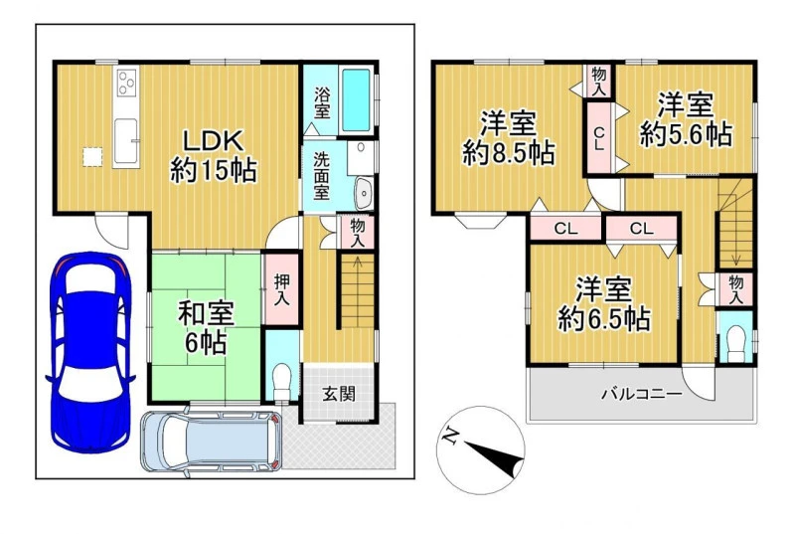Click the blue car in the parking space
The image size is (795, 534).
(90, 351)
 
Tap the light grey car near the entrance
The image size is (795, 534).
(212, 441)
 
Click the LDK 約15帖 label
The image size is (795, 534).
(214, 156)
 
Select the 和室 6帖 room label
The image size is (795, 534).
(206, 328)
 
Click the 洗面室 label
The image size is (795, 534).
(321, 175)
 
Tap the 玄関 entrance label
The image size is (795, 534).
(339, 394)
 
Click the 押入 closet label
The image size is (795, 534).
(281, 290)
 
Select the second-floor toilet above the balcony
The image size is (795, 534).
(735, 344)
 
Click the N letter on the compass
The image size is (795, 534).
(450, 436)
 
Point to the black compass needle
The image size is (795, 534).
(495, 458)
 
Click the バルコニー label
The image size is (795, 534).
(641, 394)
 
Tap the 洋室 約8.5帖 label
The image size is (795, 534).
(508, 138)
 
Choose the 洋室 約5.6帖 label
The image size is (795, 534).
(686, 119)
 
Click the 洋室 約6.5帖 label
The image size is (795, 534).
(603, 303)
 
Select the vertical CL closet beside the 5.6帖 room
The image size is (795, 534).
(599, 137)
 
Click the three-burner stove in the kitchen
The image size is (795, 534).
(127, 83)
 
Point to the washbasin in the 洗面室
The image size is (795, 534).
(364, 193)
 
